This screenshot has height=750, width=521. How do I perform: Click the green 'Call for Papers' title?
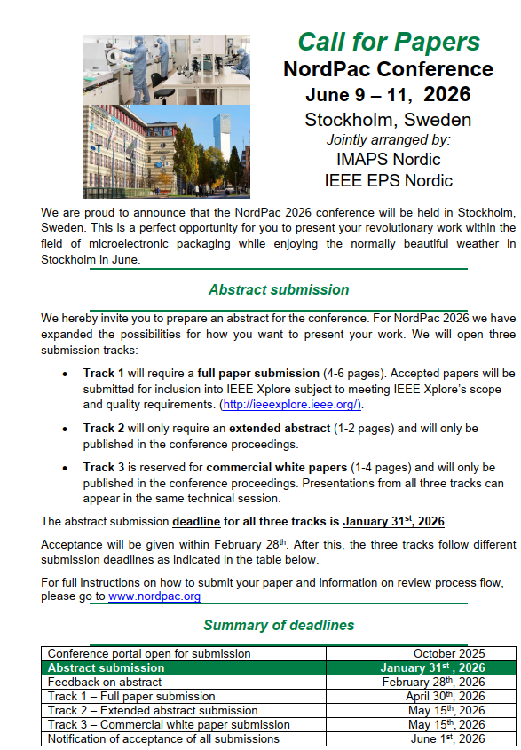(388, 42)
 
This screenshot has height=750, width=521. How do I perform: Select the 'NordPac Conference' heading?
(388, 69)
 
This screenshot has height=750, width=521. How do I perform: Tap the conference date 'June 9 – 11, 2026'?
(388, 94)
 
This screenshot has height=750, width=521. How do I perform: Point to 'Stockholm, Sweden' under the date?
(388, 120)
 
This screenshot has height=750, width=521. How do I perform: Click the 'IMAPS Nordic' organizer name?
(388, 161)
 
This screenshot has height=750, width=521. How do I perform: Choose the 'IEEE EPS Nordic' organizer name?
(388, 181)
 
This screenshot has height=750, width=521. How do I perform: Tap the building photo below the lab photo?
(167, 151)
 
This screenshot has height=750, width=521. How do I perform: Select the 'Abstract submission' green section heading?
(279, 290)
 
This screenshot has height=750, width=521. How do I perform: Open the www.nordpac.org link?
(154, 596)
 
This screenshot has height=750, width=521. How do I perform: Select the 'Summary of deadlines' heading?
(279, 626)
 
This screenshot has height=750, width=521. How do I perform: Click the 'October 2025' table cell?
(448, 654)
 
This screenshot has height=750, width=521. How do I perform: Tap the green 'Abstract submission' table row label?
(106, 668)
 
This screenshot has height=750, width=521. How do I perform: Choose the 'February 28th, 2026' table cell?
(433, 683)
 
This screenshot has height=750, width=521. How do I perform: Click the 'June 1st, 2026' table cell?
(448, 739)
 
